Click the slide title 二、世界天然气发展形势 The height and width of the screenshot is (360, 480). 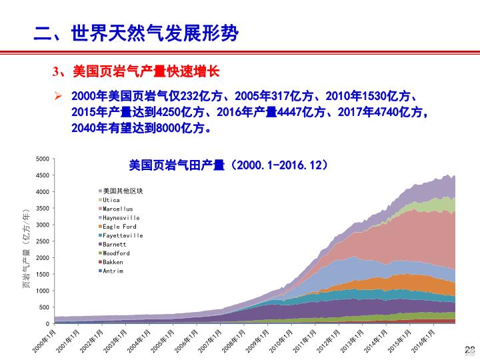pos(136,33)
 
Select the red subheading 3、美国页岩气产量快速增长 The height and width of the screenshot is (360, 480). pos(136,71)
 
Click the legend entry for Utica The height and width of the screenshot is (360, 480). pos(111,200)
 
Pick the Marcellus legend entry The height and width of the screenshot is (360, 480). pos(117,209)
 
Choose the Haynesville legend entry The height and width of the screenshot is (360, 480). pos(121,218)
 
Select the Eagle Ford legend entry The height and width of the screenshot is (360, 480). pos(119,227)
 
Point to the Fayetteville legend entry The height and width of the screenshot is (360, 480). pos(122,235)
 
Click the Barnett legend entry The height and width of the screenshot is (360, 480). pos(114,245)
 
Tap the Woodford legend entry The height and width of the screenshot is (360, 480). pos(116,253)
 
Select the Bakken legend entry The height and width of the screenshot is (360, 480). pos(113,262)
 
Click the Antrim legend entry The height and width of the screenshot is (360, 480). pos(113,271)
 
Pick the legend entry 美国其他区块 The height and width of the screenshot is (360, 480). pos(123,191)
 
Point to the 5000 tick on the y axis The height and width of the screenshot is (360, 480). pos(42,159)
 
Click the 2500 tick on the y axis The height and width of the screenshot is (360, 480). pos(42,241)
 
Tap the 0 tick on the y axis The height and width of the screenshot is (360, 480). pos(47,324)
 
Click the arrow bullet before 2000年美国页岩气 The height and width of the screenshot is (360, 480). pos(58,95)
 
